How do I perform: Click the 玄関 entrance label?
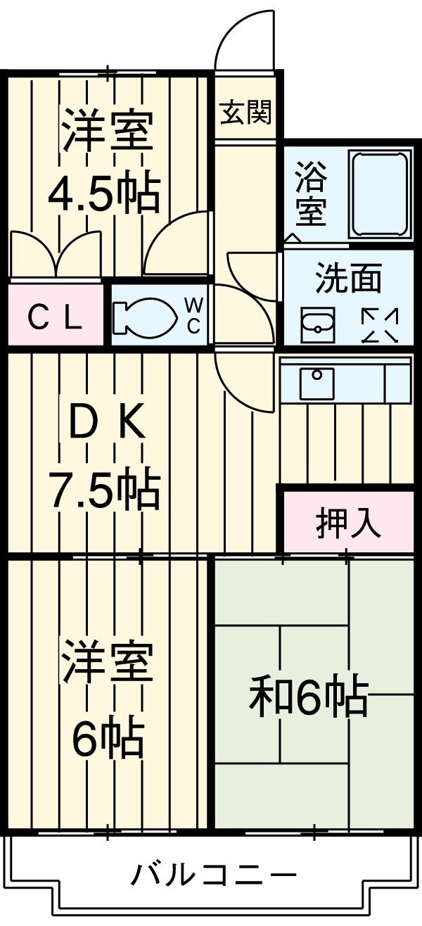pyautogui.click(x=245, y=112)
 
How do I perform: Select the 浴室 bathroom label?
pyautogui.click(x=310, y=194)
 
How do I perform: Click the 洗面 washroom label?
pyautogui.click(x=347, y=279)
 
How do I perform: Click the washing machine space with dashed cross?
pyautogui.click(x=380, y=325)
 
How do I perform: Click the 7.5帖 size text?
pyautogui.click(x=104, y=488)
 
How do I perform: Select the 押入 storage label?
pyautogui.click(x=347, y=522)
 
